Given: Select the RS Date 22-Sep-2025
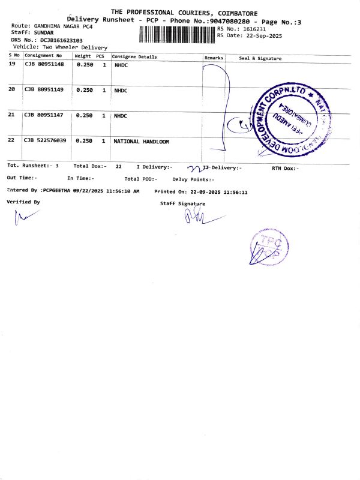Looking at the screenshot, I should click(x=260, y=35).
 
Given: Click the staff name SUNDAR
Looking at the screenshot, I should click(x=44, y=32).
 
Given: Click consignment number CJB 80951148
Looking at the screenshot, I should click(x=44, y=64).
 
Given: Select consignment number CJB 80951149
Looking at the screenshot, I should click(x=44, y=90).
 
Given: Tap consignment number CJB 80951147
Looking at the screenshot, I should click(x=44, y=115).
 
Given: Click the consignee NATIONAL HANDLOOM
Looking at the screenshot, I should click(x=142, y=142).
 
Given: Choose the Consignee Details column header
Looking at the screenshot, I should click(x=134, y=57).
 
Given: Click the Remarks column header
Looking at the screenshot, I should click(x=214, y=58).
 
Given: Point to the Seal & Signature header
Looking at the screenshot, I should click(x=260, y=58).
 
